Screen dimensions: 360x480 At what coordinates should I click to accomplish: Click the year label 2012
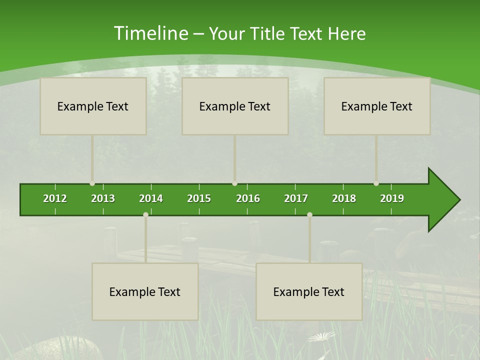[x=55, y=198]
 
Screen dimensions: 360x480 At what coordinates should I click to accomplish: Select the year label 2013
[x=103, y=198]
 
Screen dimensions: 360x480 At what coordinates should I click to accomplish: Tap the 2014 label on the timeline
[x=151, y=198]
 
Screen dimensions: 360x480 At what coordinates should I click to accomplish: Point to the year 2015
[x=199, y=198]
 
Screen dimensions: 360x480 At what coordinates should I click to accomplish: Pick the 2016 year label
[x=248, y=198]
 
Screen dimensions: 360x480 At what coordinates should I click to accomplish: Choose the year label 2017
[x=296, y=198]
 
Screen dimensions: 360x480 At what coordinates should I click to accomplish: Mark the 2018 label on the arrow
[x=344, y=198]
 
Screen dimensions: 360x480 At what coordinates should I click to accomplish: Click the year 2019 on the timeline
[x=392, y=198]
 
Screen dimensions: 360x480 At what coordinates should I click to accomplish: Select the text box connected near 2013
[x=93, y=106]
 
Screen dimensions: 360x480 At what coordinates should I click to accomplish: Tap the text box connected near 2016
[x=235, y=106]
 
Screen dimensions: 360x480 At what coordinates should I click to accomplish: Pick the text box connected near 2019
[x=377, y=106]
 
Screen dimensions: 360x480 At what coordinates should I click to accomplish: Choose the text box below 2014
[x=145, y=291]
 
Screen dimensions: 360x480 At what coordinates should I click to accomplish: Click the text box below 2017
[x=309, y=291]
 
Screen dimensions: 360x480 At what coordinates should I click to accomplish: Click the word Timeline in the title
[x=150, y=33]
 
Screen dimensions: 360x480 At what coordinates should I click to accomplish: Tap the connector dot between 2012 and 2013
[x=92, y=183]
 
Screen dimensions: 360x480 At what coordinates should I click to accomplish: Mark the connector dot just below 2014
[x=145, y=214]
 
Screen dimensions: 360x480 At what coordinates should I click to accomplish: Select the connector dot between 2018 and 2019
[x=376, y=183]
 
